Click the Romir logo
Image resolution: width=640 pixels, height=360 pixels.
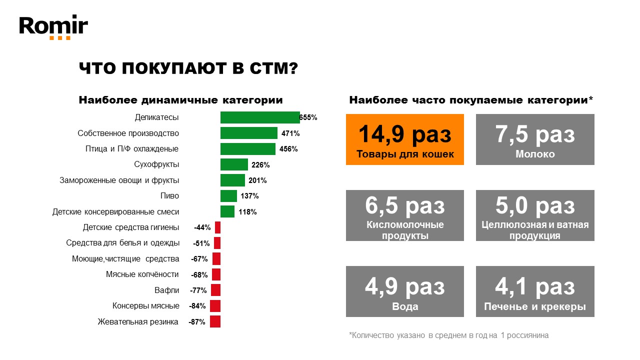pos(53,27)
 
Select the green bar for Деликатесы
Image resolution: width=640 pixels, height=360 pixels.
pos(259,117)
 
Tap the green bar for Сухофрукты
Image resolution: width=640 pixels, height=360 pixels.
pos(234,164)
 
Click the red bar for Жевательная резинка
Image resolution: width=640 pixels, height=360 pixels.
pos(215,321)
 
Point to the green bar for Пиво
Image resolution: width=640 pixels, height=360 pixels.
pos(228,196)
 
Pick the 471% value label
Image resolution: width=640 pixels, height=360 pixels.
pos(290,133)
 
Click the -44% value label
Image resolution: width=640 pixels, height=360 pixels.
pos(202,227)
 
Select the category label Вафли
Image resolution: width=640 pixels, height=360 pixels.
pos(166,290)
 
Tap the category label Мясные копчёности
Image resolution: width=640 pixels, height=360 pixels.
pos(142,274)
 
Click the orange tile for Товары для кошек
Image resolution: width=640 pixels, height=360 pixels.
pos(404,139)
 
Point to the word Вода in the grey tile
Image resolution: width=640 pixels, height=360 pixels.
pos(405,306)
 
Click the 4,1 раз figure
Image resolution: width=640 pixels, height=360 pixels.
pos(535,287)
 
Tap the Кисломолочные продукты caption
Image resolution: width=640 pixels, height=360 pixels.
pos(405,230)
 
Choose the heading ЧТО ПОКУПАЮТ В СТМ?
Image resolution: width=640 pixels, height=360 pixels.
pos(188,68)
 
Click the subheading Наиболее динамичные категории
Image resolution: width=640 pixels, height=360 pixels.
pos(180,100)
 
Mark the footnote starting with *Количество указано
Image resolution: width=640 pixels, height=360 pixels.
pos(448,335)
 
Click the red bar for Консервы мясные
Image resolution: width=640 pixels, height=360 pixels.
pos(215,306)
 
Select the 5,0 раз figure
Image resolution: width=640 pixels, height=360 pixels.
pos(535,205)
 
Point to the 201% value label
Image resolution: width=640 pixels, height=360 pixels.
pos(257,180)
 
